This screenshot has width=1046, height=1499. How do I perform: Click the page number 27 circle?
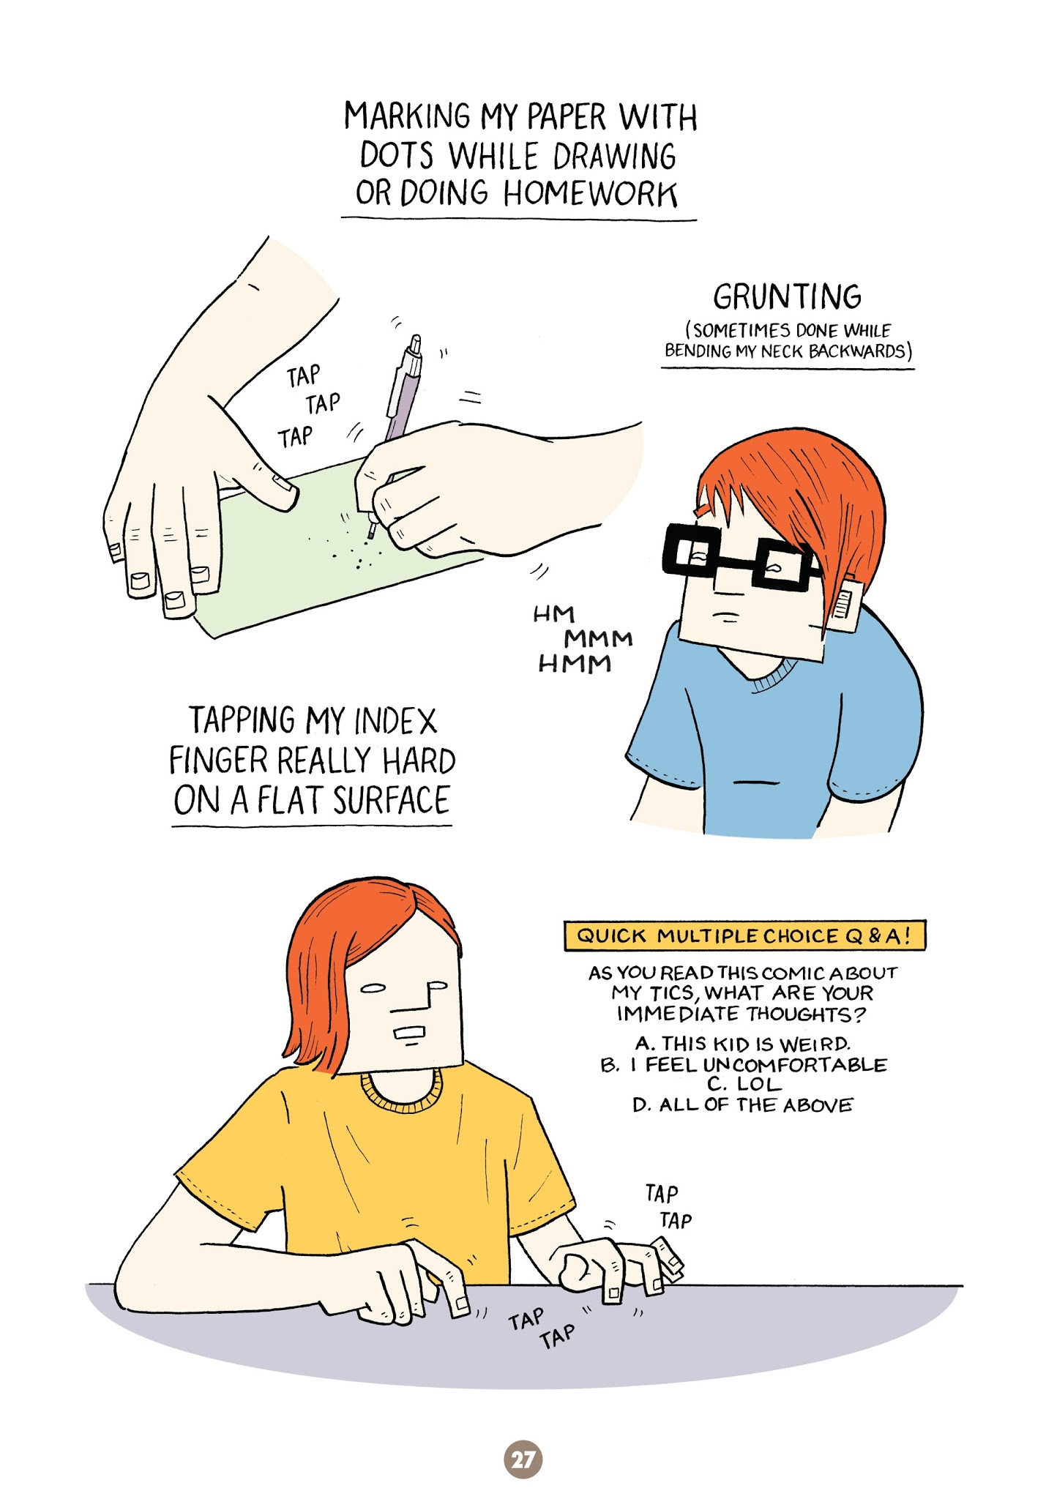523,1459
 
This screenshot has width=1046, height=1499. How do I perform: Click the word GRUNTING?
787,296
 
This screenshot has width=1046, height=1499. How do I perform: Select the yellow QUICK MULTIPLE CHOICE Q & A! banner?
744,935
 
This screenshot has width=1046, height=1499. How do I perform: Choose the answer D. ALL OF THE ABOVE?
742,1104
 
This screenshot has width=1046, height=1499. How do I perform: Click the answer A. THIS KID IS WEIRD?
742,1043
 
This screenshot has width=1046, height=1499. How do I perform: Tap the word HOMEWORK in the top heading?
590,193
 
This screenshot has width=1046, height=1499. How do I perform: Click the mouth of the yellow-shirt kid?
408,1033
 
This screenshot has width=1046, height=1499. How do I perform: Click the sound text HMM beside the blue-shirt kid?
575,664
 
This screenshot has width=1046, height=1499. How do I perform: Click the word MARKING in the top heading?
408,116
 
